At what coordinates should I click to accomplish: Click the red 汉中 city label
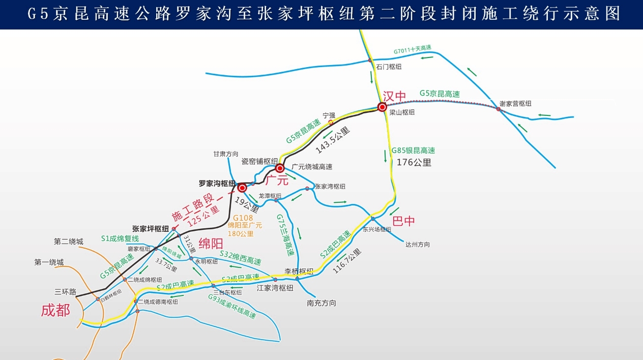point(395,96)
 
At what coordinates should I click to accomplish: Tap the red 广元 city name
point(277,180)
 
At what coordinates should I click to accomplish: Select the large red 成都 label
point(55,310)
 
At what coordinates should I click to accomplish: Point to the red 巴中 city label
point(403,221)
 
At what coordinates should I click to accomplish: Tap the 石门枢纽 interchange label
point(389,67)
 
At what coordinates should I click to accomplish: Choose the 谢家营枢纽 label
point(515,103)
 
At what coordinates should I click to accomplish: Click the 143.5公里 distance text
point(333,140)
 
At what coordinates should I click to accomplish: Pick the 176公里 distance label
point(414,163)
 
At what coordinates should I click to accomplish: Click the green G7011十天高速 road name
point(412,50)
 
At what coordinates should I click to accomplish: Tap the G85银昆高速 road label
point(413,151)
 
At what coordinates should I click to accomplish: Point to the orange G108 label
point(243,218)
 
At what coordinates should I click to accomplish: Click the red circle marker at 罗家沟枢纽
point(242,187)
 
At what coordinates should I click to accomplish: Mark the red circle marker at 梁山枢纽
point(382,107)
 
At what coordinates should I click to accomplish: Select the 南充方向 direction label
point(322,303)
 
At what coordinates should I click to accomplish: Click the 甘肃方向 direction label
point(225,154)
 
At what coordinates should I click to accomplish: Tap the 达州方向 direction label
point(417,245)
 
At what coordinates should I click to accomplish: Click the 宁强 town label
point(330,115)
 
